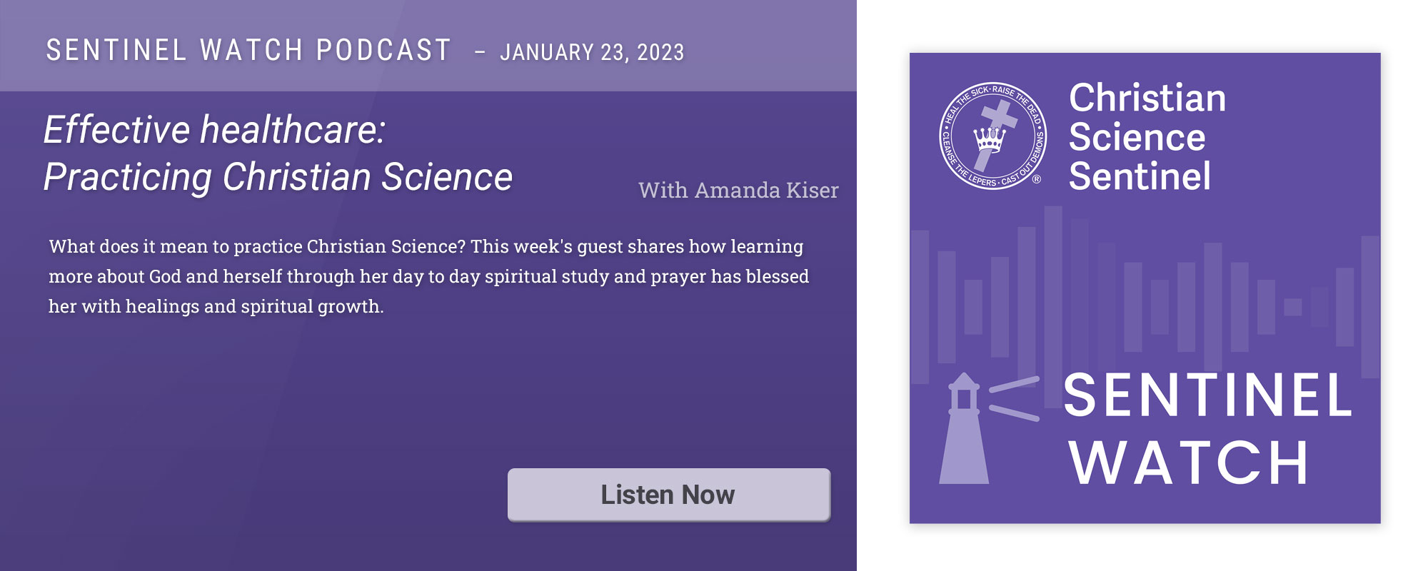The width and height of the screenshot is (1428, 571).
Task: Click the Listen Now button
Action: (669, 495)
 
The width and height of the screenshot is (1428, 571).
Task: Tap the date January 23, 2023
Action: (592, 52)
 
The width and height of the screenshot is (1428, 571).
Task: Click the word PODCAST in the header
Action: (383, 50)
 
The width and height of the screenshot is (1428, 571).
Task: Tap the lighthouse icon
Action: (964, 428)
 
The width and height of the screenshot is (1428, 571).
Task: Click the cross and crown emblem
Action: (992, 135)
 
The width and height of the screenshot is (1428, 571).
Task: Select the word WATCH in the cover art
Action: (1189, 463)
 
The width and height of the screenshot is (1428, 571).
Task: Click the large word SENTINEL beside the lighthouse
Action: (1208, 395)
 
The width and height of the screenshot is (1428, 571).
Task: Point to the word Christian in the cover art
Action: (1147, 98)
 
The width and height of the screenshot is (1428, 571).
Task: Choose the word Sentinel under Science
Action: (1140, 176)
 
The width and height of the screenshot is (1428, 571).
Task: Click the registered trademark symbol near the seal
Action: (1037, 179)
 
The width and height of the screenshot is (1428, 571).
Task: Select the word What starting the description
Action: (71, 246)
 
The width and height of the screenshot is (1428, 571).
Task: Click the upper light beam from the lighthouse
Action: (1014, 384)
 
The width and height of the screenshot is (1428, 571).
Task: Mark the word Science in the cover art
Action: (1137, 137)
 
